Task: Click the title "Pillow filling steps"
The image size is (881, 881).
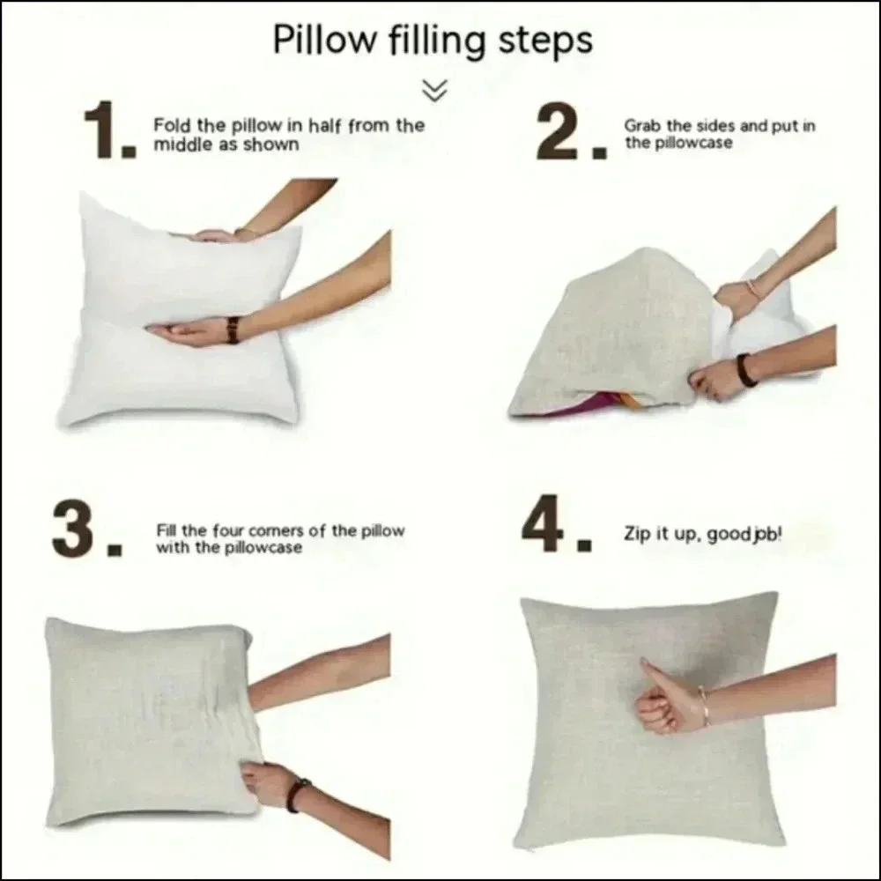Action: coord(433,41)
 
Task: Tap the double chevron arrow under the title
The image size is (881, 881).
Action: coord(435,91)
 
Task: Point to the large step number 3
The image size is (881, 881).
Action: coord(87,529)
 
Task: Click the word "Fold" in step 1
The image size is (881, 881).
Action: coord(172,124)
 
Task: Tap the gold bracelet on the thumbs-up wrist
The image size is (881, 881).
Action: coord(704,705)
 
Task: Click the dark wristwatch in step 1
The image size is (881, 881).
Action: coord(233,330)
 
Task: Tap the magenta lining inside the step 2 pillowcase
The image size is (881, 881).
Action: coord(584,405)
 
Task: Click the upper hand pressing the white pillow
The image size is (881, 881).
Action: coord(217,236)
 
